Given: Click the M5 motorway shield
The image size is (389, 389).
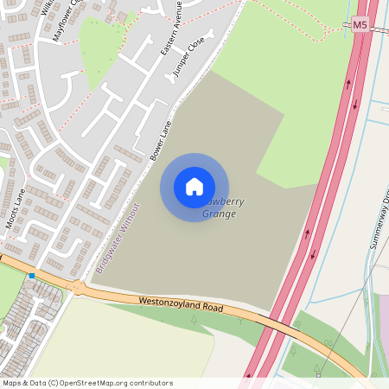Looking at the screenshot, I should pyautogui.click(x=360, y=25).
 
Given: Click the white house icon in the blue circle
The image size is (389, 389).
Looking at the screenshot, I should pyautogui.click(x=194, y=187).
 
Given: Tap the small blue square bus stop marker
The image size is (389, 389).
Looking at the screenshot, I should pyautogui.click(x=32, y=276).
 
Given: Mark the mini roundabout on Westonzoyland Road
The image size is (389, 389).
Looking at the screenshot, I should pyautogui.click(x=80, y=285).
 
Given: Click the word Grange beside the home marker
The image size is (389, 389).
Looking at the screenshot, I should pyautogui.click(x=219, y=214).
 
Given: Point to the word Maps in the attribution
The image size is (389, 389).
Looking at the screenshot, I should pyautogui.click(x=12, y=382).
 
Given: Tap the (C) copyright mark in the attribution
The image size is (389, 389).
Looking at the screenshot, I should pyautogui.click(x=53, y=382).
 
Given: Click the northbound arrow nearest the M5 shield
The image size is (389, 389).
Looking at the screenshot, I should pyautogui.click(x=348, y=84).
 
